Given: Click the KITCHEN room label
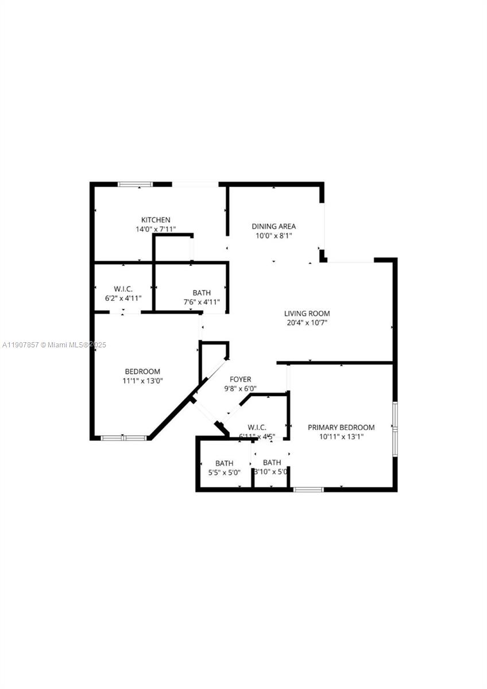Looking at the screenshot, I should [156, 220].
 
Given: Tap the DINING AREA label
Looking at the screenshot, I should [273, 226].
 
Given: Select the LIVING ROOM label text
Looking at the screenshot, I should [307, 313].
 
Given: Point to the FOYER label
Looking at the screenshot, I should [240, 380].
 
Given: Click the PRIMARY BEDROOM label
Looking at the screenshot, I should [341, 427].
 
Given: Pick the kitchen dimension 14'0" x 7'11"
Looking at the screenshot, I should [156, 229].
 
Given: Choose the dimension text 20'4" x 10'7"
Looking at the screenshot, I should [307, 323].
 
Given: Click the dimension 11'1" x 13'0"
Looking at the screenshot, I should [142, 381].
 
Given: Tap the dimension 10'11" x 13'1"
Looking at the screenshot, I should [341, 436].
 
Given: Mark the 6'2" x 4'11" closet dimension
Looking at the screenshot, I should [123, 299].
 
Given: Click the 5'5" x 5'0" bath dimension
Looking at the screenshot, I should [224, 473].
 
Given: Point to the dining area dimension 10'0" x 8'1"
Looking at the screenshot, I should [273, 235].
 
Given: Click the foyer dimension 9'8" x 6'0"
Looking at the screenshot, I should [240, 389].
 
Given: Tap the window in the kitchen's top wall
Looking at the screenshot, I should [136, 184].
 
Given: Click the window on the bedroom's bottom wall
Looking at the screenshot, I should [124, 438].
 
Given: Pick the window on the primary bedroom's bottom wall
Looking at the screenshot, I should [308, 489].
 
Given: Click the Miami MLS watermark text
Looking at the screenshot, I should [55, 344].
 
